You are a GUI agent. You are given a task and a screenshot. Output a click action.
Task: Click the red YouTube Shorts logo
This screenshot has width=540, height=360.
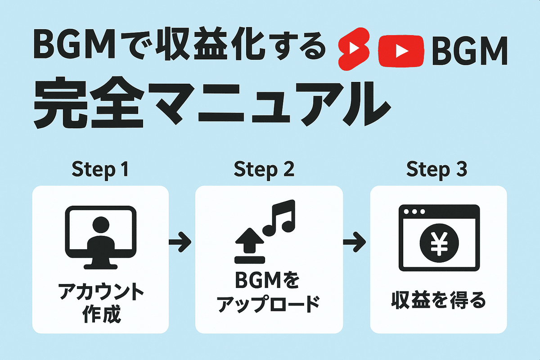point(354,49)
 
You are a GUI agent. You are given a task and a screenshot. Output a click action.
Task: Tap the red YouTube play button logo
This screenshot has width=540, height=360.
point(401,51)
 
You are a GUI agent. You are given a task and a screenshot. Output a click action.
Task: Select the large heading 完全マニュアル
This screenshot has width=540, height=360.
point(211,103)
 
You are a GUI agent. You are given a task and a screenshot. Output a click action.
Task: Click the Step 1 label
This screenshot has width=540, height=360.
point(100,170)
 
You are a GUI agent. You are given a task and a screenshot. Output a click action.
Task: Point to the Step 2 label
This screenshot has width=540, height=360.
point(264,170)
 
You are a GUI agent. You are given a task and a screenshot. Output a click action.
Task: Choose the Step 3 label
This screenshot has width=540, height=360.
point(436,170)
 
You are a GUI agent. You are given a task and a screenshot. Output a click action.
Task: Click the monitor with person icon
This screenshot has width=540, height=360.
point(101,238)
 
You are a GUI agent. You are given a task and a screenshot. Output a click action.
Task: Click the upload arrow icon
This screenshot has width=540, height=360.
point(250,245)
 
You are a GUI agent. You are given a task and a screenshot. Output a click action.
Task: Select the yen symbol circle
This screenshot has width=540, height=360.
point(439,243)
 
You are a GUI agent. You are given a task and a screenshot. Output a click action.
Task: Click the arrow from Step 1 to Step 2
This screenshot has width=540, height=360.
point(180,242)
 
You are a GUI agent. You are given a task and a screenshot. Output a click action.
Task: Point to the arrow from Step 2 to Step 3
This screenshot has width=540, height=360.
point(355,242)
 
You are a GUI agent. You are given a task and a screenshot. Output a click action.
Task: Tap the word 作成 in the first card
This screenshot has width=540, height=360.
point(101,314)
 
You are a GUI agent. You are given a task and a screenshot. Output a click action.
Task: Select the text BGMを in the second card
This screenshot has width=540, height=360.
point(267,280)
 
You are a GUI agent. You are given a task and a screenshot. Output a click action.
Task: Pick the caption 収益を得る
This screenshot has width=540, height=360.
point(438,301)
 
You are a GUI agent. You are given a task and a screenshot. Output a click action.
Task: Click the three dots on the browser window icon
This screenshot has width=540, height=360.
point(414,211)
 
